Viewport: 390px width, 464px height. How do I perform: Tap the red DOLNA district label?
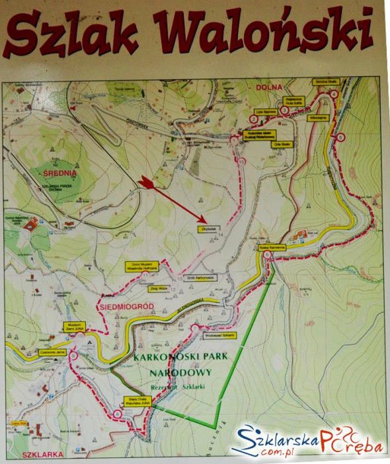click(x=271, y=86)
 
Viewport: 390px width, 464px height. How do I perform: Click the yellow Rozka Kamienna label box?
click(x=272, y=247)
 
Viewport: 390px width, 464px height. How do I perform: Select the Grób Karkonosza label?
click(x=198, y=277)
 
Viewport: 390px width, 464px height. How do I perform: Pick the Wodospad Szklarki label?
click(x=220, y=335)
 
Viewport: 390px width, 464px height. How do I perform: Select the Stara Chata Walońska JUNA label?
click(x=133, y=400)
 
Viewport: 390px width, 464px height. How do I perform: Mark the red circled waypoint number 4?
click(x=334, y=95)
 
